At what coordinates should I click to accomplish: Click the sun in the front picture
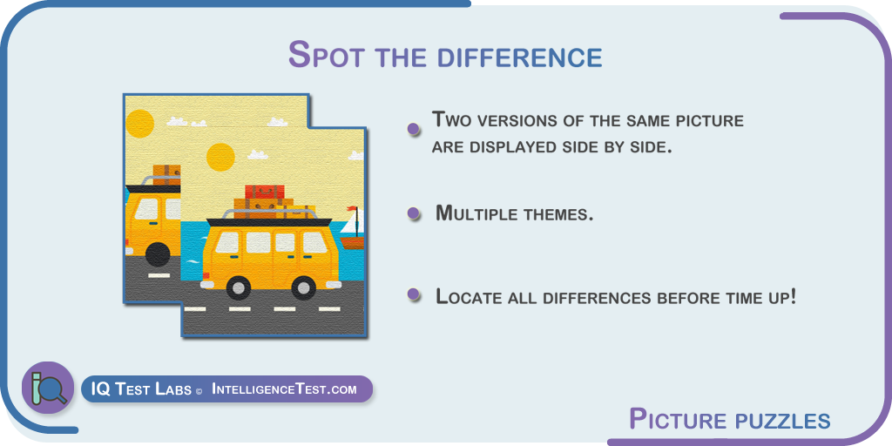click(220, 157)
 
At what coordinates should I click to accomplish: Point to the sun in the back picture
click(139, 124)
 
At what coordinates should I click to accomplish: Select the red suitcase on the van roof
click(265, 193)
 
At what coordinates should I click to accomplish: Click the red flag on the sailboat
click(354, 210)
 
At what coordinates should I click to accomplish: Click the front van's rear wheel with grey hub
click(238, 287)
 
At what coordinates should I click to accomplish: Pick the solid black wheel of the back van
click(158, 254)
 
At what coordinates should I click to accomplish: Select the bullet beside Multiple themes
click(414, 213)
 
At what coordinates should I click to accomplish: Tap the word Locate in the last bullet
click(470, 296)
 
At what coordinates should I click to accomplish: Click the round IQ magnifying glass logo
click(48, 388)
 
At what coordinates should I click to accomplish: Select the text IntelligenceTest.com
click(284, 389)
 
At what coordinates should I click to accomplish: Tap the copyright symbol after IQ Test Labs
click(199, 392)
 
